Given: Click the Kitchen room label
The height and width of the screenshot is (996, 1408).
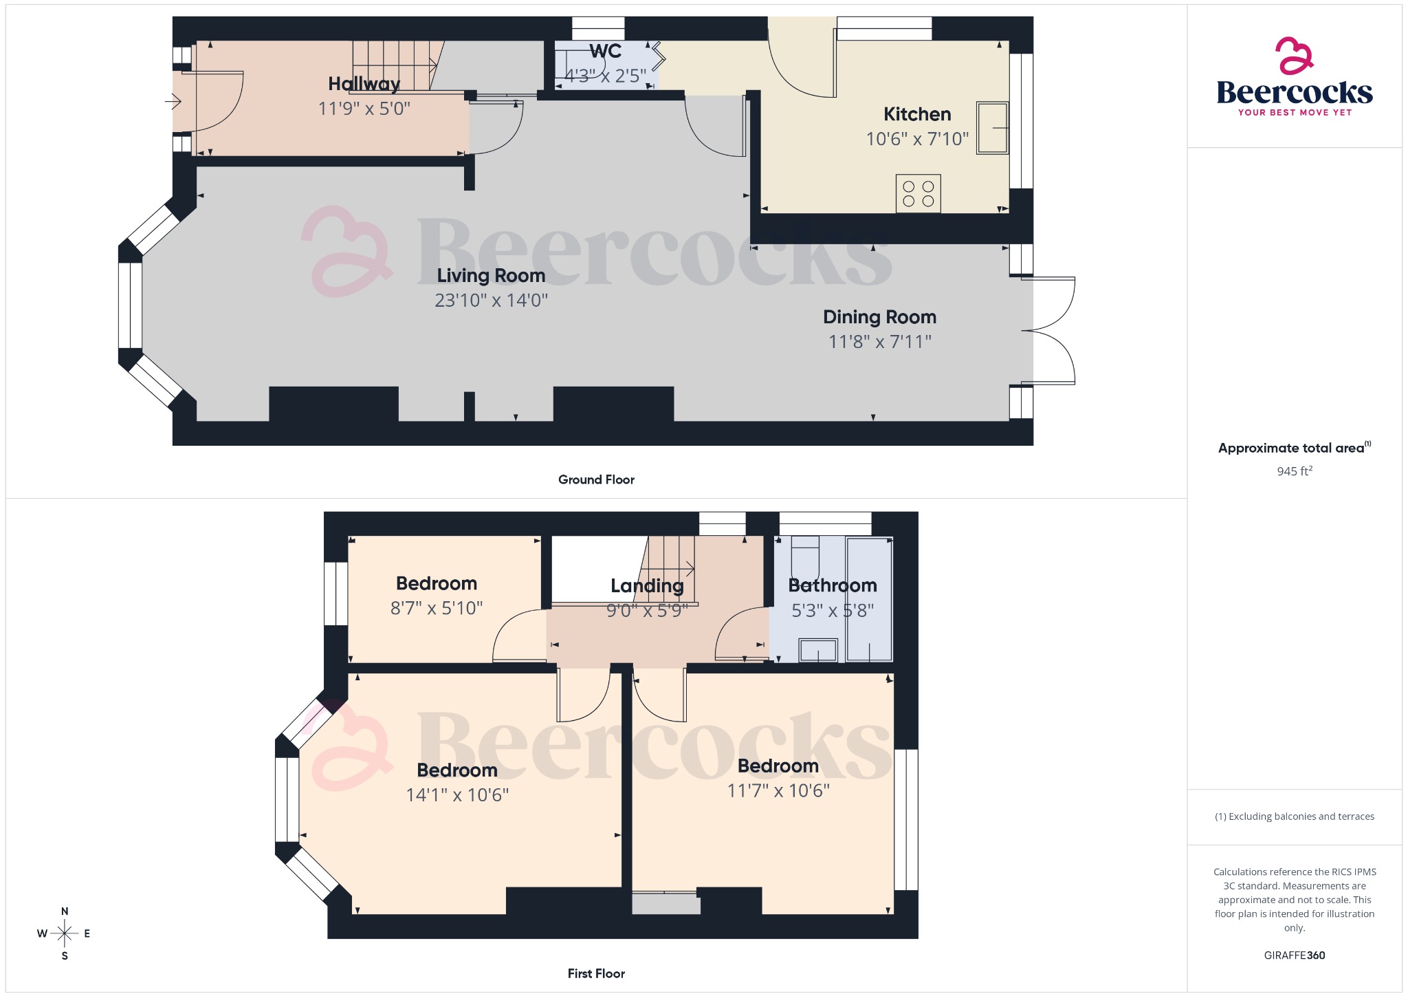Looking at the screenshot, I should click(917, 114).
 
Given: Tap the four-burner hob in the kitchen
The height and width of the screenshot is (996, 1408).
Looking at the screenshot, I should click(918, 193).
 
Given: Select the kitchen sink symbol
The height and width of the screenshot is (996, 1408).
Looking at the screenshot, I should click(992, 128).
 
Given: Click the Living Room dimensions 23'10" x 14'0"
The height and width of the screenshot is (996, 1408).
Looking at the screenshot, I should click(491, 301).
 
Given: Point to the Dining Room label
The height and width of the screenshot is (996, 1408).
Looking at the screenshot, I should click(879, 317).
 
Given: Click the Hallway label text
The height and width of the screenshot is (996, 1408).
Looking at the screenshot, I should click(364, 84).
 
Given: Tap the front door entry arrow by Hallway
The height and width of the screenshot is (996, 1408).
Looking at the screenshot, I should click(173, 102).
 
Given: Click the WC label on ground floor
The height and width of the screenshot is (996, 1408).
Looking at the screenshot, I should click(605, 52).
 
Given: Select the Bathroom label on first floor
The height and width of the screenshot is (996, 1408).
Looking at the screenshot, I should click(832, 586).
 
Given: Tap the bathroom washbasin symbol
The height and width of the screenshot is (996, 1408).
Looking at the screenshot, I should click(818, 650).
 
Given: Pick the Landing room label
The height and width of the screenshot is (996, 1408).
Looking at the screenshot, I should click(647, 586).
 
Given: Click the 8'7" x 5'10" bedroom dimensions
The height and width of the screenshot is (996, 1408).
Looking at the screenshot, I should click(437, 608).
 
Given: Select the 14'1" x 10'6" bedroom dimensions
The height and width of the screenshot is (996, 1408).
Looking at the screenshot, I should click(457, 795).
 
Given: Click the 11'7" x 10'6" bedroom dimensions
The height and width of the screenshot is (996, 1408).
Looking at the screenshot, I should click(778, 791).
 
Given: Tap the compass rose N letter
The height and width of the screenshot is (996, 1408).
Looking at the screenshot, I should click(65, 911).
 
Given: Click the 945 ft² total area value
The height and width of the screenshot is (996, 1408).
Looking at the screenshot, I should click(1294, 471).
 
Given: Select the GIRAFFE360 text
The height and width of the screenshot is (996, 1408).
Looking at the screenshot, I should click(1294, 955).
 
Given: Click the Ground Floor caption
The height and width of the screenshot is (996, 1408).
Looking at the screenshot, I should click(596, 480).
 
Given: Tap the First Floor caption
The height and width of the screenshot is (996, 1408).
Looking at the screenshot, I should click(596, 974).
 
